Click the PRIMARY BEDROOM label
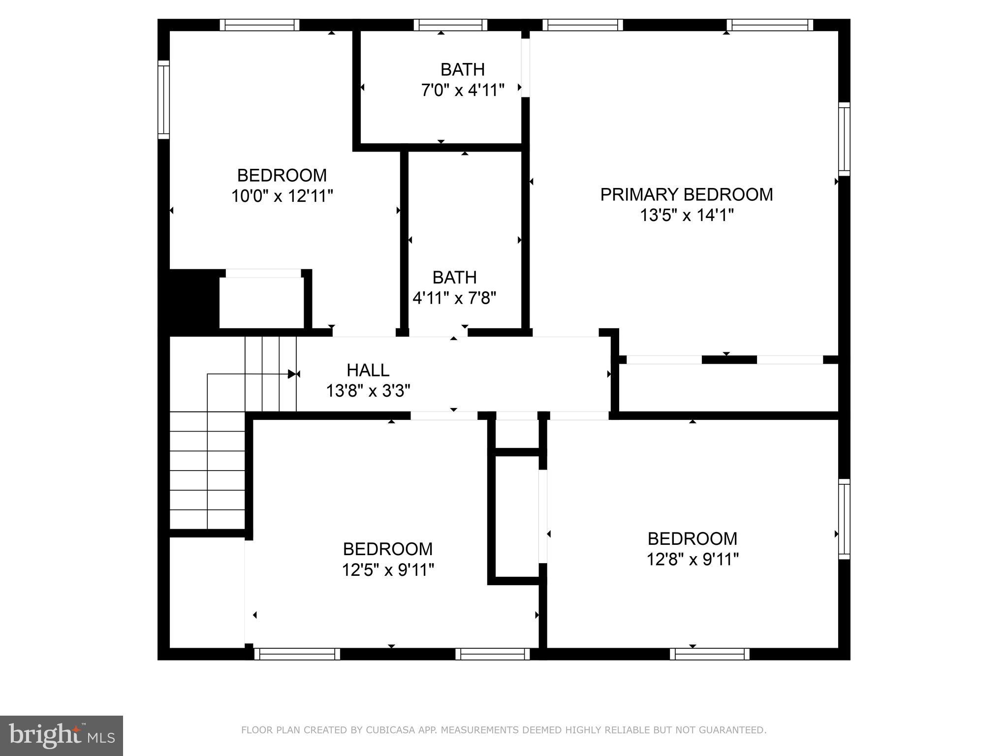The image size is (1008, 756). (686, 194)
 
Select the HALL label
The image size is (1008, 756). (368, 370)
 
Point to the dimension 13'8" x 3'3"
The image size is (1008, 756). (368, 391)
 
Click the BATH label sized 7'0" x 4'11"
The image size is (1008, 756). (462, 69)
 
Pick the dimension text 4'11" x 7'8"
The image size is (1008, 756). (454, 298)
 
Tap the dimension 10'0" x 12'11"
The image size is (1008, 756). (282, 196)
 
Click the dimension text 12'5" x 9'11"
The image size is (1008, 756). (388, 570)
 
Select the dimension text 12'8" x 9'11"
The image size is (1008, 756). (692, 560)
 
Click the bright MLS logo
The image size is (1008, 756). (61, 735)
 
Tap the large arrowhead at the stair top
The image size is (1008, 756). (292, 374)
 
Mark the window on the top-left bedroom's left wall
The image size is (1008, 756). (163, 100)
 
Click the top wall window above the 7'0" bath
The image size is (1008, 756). (450, 25)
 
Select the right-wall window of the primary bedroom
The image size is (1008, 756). (844, 139)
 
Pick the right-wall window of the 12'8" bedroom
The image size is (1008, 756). (844, 519)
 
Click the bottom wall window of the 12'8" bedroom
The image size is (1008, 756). (709, 654)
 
